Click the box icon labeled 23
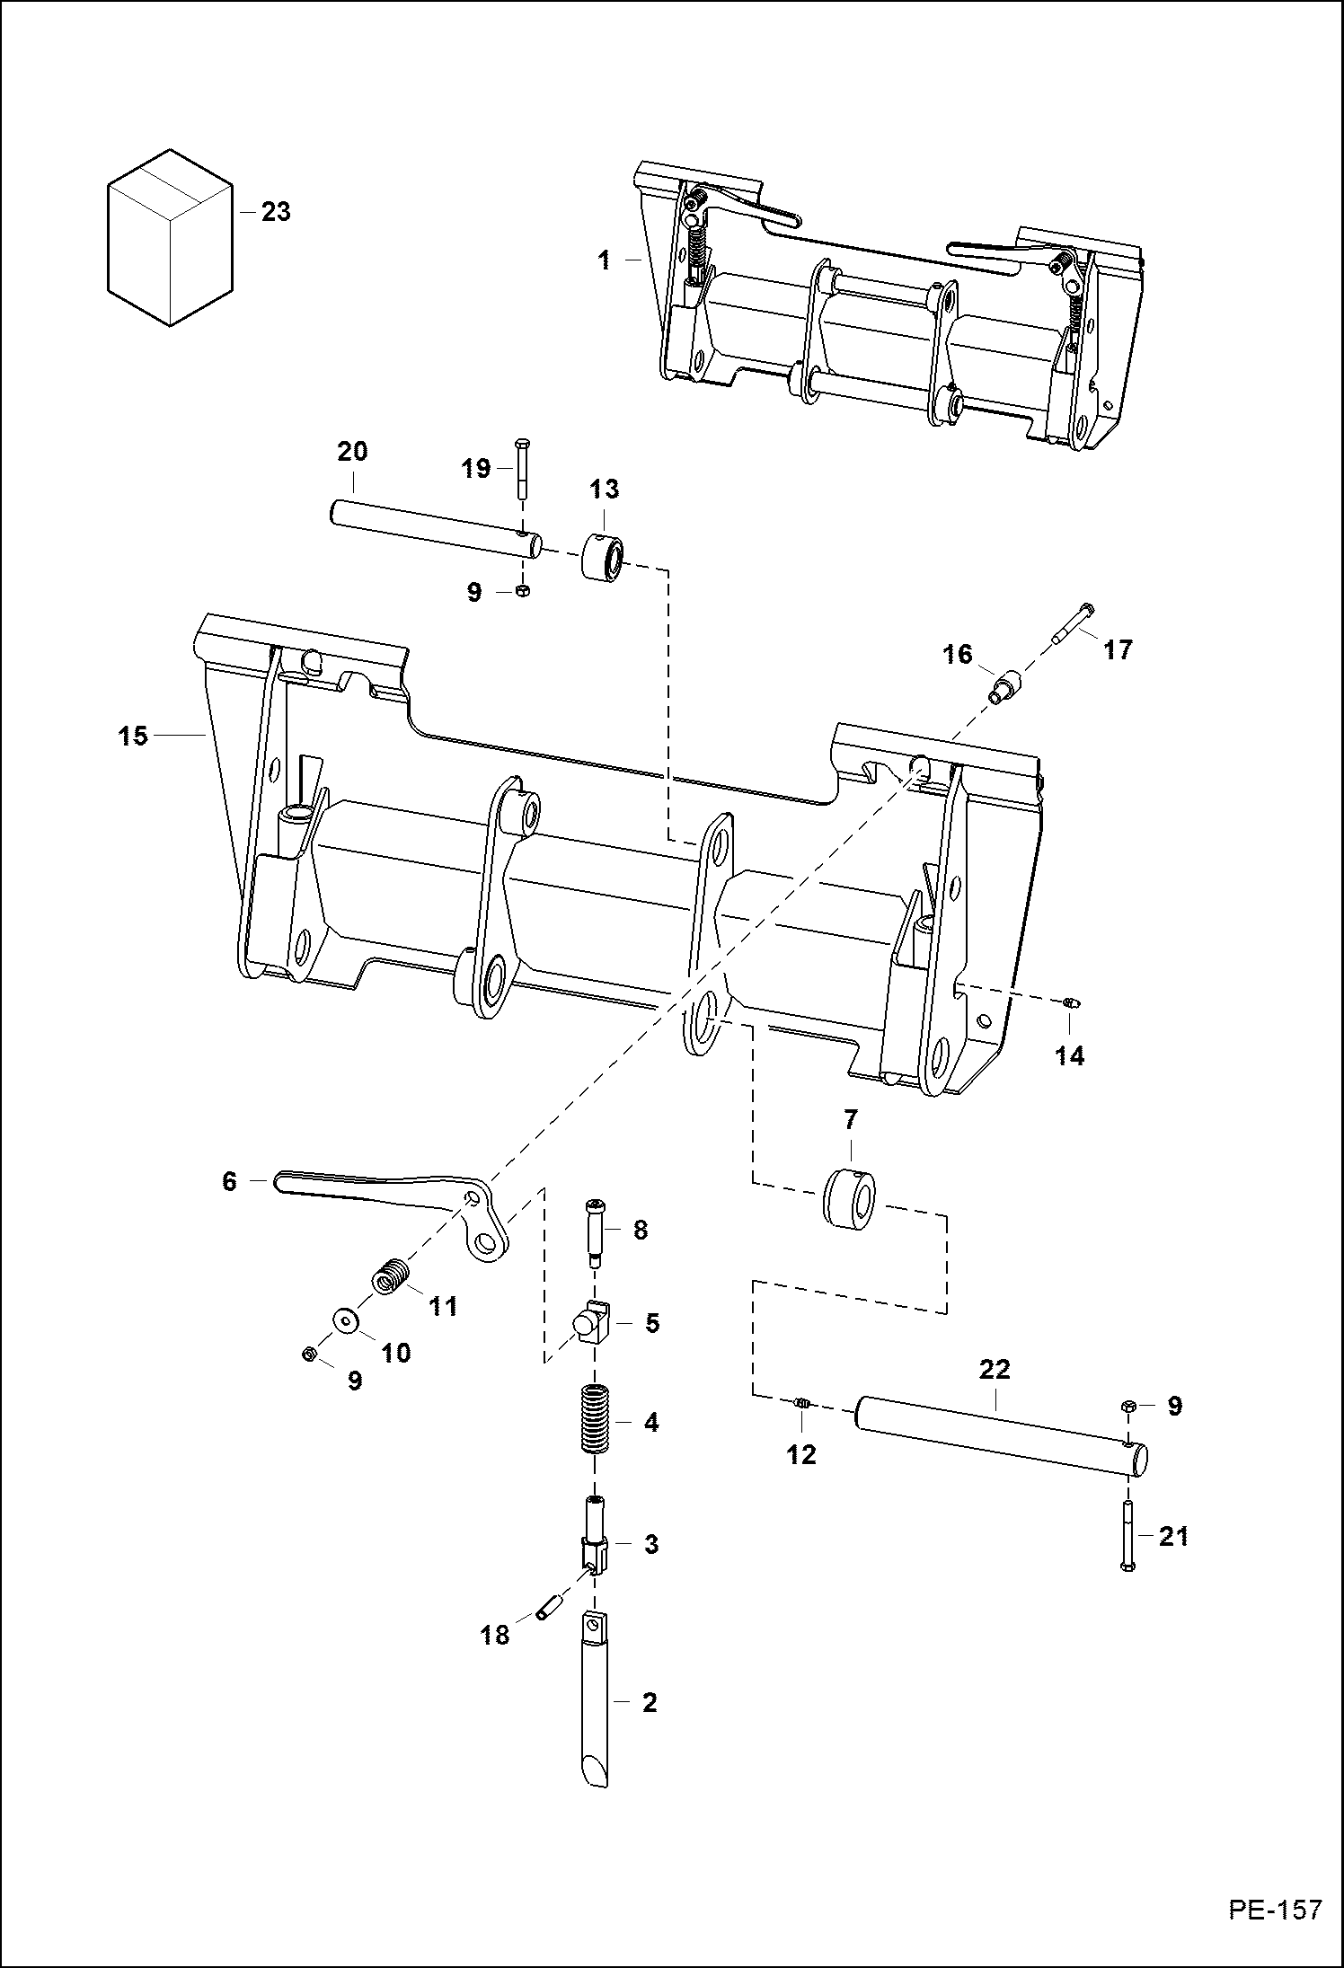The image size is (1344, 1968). coord(169,237)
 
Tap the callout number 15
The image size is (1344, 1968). coord(132,737)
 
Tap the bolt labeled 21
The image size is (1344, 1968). coord(1128,1538)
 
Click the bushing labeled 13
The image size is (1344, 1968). coord(602,558)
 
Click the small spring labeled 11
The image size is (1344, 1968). coord(391,1276)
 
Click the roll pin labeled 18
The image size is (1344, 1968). coord(548,1604)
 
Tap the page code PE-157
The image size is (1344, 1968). coord(1276,1928)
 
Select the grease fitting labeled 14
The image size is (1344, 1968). coord(1070,1002)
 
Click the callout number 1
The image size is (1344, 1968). coord(604,260)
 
